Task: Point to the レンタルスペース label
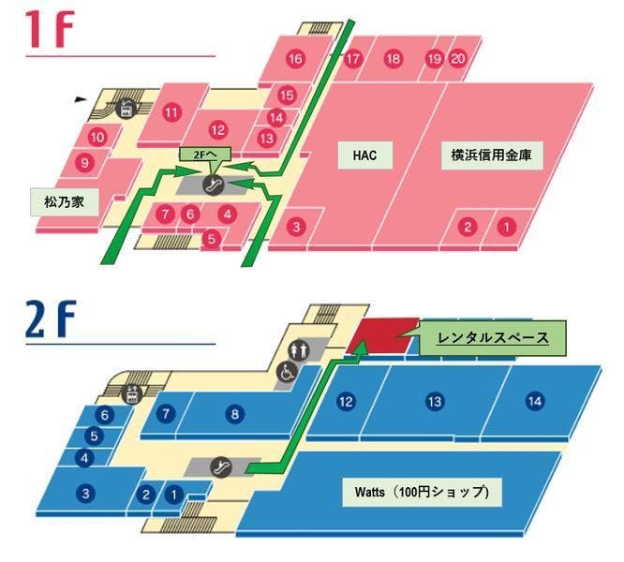(494, 334)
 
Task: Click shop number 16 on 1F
(296, 59)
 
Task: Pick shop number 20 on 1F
(457, 58)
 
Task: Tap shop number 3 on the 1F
(296, 226)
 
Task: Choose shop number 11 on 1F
(171, 113)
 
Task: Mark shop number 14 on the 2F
(534, 401)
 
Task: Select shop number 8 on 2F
(235, 413)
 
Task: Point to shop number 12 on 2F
(347, 401)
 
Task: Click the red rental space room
(386, 334)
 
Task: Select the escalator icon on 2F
(222, 464)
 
